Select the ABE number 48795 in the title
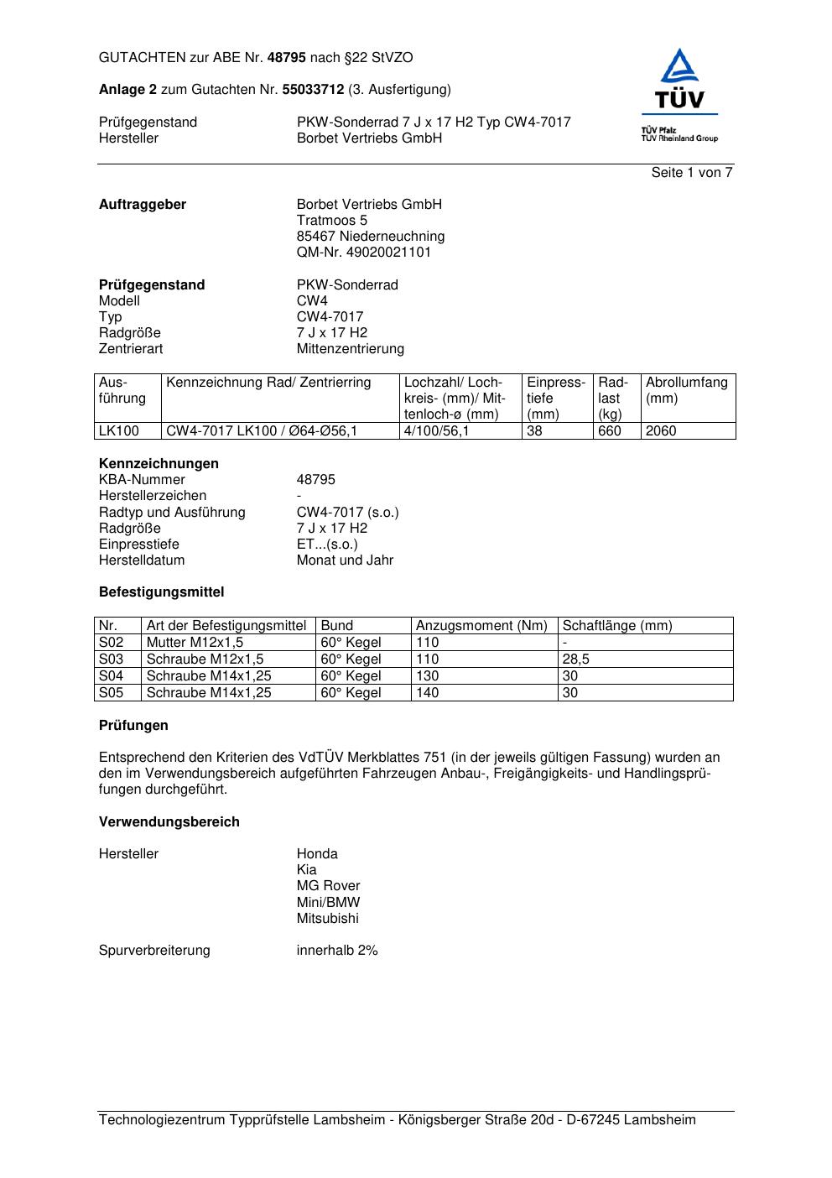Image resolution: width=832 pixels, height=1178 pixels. pyautogui.click(x=287, y=58)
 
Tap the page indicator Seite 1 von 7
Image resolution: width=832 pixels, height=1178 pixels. pyautogui.click(x=692, y=173)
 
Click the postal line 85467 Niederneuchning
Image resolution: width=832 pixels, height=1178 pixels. pyautogui.click(x=370, y=237)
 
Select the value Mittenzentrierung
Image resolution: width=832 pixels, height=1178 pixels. pyautogui.click(x=350, y=349)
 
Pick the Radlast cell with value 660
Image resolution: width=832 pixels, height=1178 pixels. pyautogui.click(x=610, y=431)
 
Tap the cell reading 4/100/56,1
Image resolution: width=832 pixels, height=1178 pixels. pyautogui.click(x=436, y=431)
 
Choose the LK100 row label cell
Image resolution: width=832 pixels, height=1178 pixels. pyautogui.click(x=119, y=431)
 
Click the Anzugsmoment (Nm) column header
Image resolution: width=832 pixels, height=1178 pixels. pyautogui.click(x=481, y=626)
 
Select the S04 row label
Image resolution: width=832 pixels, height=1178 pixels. pyautogui.click(x=112, y=676)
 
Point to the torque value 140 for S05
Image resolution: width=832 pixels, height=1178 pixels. pyautogui.click(x=428, y=693)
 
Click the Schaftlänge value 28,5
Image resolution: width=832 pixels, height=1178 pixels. pyautogui.click(x=575, y=659)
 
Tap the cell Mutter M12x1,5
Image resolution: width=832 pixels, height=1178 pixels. pyautogui.click(x=195, y=643)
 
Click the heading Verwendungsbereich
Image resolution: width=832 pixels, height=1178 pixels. pyautogui.click(x=169, y=822)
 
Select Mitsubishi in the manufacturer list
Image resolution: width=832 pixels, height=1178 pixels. pyautogui.click(x=327, y=919)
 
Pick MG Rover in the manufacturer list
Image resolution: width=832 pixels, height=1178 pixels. pyautogui.click(x=328, y=886)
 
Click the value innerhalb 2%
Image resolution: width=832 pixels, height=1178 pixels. pyautogui.click(x=337, y=951)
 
